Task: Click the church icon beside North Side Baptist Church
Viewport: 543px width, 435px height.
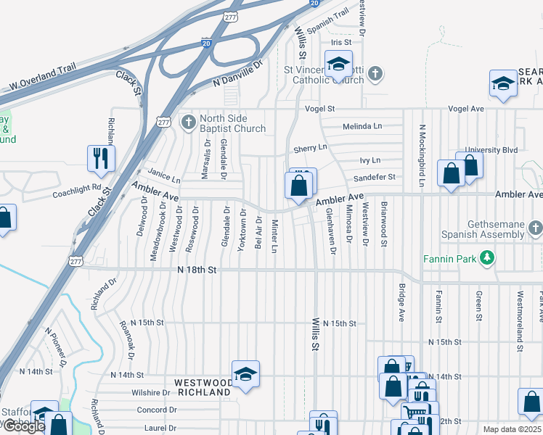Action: pos(189,122)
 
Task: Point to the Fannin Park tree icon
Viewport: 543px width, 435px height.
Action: pos(490,258)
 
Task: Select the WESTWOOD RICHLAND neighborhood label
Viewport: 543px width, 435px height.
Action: pos(203,387)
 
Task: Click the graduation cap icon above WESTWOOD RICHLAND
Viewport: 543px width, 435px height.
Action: pos(246,374)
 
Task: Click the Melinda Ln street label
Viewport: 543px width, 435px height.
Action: pos(362,126)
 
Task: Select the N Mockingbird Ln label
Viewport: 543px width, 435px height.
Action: pos(421,152)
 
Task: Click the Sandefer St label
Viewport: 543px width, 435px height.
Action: pos(374,177)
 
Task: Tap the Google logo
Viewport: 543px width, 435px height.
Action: pos(24,427)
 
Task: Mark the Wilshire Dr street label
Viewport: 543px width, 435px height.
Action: pos(150,392)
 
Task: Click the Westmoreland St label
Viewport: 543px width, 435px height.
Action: pos(520,306)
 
